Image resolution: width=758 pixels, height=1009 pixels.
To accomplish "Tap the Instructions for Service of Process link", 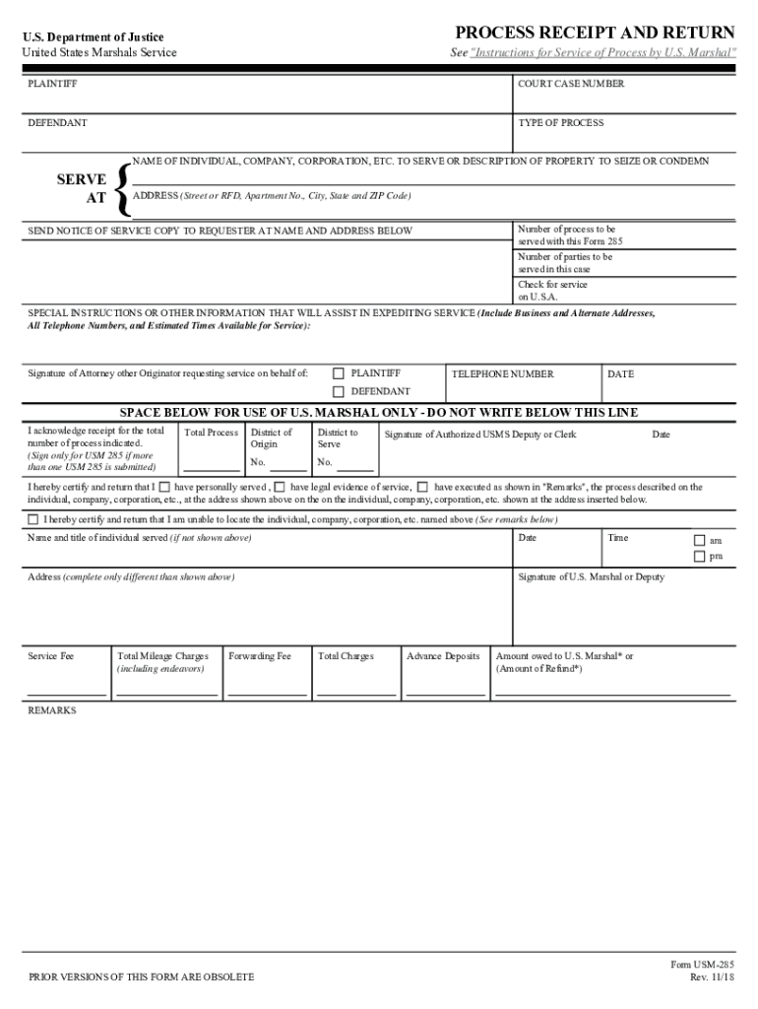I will click(601, 52).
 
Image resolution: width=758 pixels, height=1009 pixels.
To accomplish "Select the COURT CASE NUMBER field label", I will click(571, 85).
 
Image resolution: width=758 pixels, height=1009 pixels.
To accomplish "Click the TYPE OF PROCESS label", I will click(561, 123).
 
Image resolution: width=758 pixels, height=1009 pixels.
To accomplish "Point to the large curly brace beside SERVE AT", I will click(122, 188).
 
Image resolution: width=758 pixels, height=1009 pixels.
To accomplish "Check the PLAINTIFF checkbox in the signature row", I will click(339, 374).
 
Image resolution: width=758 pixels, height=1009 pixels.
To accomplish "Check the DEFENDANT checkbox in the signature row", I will click(339, 392).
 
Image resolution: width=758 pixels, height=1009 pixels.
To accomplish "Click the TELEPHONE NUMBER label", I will click(502, 374).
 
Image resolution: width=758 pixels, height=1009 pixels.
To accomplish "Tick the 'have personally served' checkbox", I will click(164, 487).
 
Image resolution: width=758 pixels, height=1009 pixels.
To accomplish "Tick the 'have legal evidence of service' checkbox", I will click(281, 487).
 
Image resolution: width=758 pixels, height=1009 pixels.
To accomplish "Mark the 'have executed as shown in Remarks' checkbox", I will click(422, 487).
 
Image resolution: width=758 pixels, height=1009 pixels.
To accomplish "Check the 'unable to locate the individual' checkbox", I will click(33, 519).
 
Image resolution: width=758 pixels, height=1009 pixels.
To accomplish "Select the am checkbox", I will click(699, 540).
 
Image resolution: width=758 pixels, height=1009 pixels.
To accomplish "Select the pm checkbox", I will click(699, 557).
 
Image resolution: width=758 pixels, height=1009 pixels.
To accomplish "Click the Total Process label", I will click(211, 434).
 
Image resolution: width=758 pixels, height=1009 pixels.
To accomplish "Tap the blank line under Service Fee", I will click(66, 696).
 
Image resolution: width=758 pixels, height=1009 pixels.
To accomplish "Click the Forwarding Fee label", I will click(260, 656).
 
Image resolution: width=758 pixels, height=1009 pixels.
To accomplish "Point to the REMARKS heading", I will click(52, 709).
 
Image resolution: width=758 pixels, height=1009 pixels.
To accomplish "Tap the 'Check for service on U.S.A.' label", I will click(553, 291).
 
